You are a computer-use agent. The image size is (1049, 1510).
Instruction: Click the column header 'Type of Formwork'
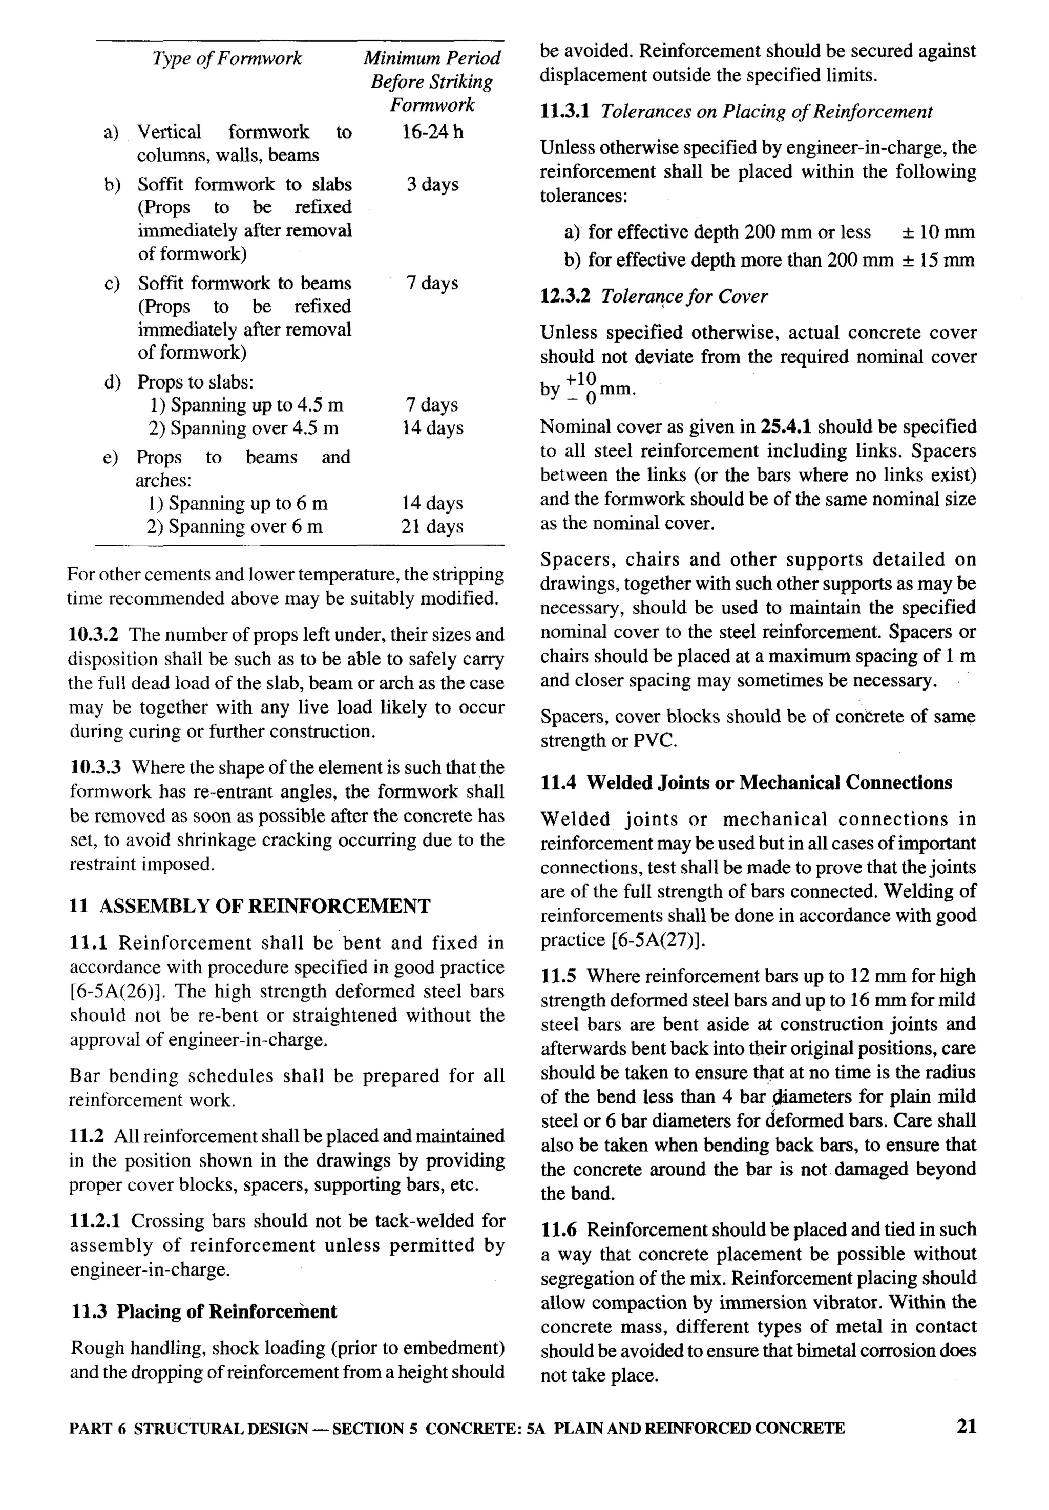tap(227, 58)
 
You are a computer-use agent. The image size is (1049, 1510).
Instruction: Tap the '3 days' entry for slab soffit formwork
tap(432, 185)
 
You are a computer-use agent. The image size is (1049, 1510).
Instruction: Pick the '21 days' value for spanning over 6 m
tap(432, 527)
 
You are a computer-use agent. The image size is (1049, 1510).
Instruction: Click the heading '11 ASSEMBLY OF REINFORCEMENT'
tap(250, 907)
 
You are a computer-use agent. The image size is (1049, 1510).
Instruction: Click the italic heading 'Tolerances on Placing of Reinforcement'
tap(766, 112)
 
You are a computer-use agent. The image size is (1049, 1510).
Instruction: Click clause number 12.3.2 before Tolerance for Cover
tap(564, 297)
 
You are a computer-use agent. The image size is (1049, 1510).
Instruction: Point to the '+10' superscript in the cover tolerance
tap(580, 379)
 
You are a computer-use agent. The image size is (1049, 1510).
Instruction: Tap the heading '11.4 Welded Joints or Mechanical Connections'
tap(746, 783)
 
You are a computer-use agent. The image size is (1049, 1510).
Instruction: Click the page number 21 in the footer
tap(966, 1426)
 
